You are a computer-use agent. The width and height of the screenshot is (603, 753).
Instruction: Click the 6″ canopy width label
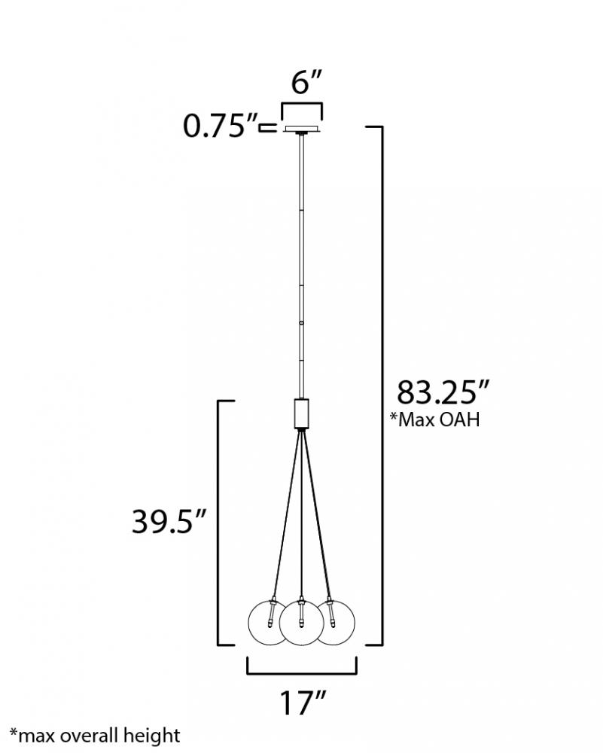tap(306, 83)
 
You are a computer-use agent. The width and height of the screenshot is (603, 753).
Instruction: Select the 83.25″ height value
tap(442, 392)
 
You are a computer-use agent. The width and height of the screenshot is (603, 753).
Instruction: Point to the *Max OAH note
tap(434, 419)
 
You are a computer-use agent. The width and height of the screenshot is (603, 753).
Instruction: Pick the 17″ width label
tap(303, 703)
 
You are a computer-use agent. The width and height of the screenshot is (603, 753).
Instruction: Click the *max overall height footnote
tap(95, 736)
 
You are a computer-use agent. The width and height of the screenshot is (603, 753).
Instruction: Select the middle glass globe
tap(301, 623)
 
